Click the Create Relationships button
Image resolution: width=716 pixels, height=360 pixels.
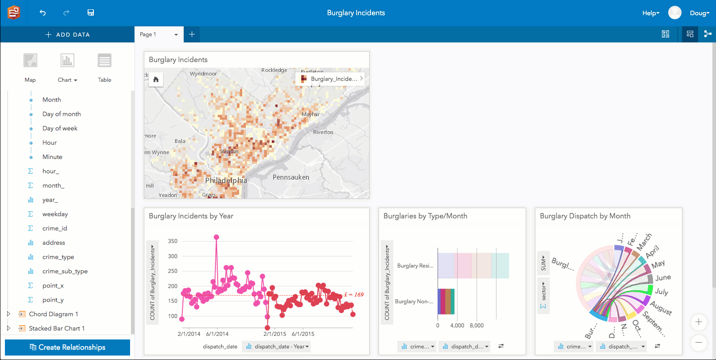point(67,347)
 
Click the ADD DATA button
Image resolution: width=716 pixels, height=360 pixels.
point(67,34)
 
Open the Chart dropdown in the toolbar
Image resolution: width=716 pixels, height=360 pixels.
point(67,80)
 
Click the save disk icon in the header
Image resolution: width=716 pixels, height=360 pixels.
point(91,13)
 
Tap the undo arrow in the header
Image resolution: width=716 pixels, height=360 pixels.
point(42,13)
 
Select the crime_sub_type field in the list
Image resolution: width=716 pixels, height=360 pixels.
point(65,271)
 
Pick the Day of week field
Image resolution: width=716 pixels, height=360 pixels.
point(60,128)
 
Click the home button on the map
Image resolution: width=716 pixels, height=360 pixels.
point(156,80)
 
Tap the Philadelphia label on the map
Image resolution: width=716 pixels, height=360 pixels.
point(226,180)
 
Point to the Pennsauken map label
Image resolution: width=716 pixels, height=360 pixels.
point(291,177)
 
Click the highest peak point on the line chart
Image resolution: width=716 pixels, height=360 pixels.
point(217,238)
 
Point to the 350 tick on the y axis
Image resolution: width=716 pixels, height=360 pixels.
point(173,241)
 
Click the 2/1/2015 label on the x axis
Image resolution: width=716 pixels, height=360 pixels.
point(274,334)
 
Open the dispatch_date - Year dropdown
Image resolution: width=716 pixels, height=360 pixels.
point(277,347)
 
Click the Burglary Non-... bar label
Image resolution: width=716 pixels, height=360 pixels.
point(414,301)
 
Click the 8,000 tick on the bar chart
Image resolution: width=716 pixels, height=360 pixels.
point(476,326)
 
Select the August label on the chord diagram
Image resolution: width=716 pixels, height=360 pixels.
point(661,308)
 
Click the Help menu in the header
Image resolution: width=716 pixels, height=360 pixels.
point(650,13)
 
